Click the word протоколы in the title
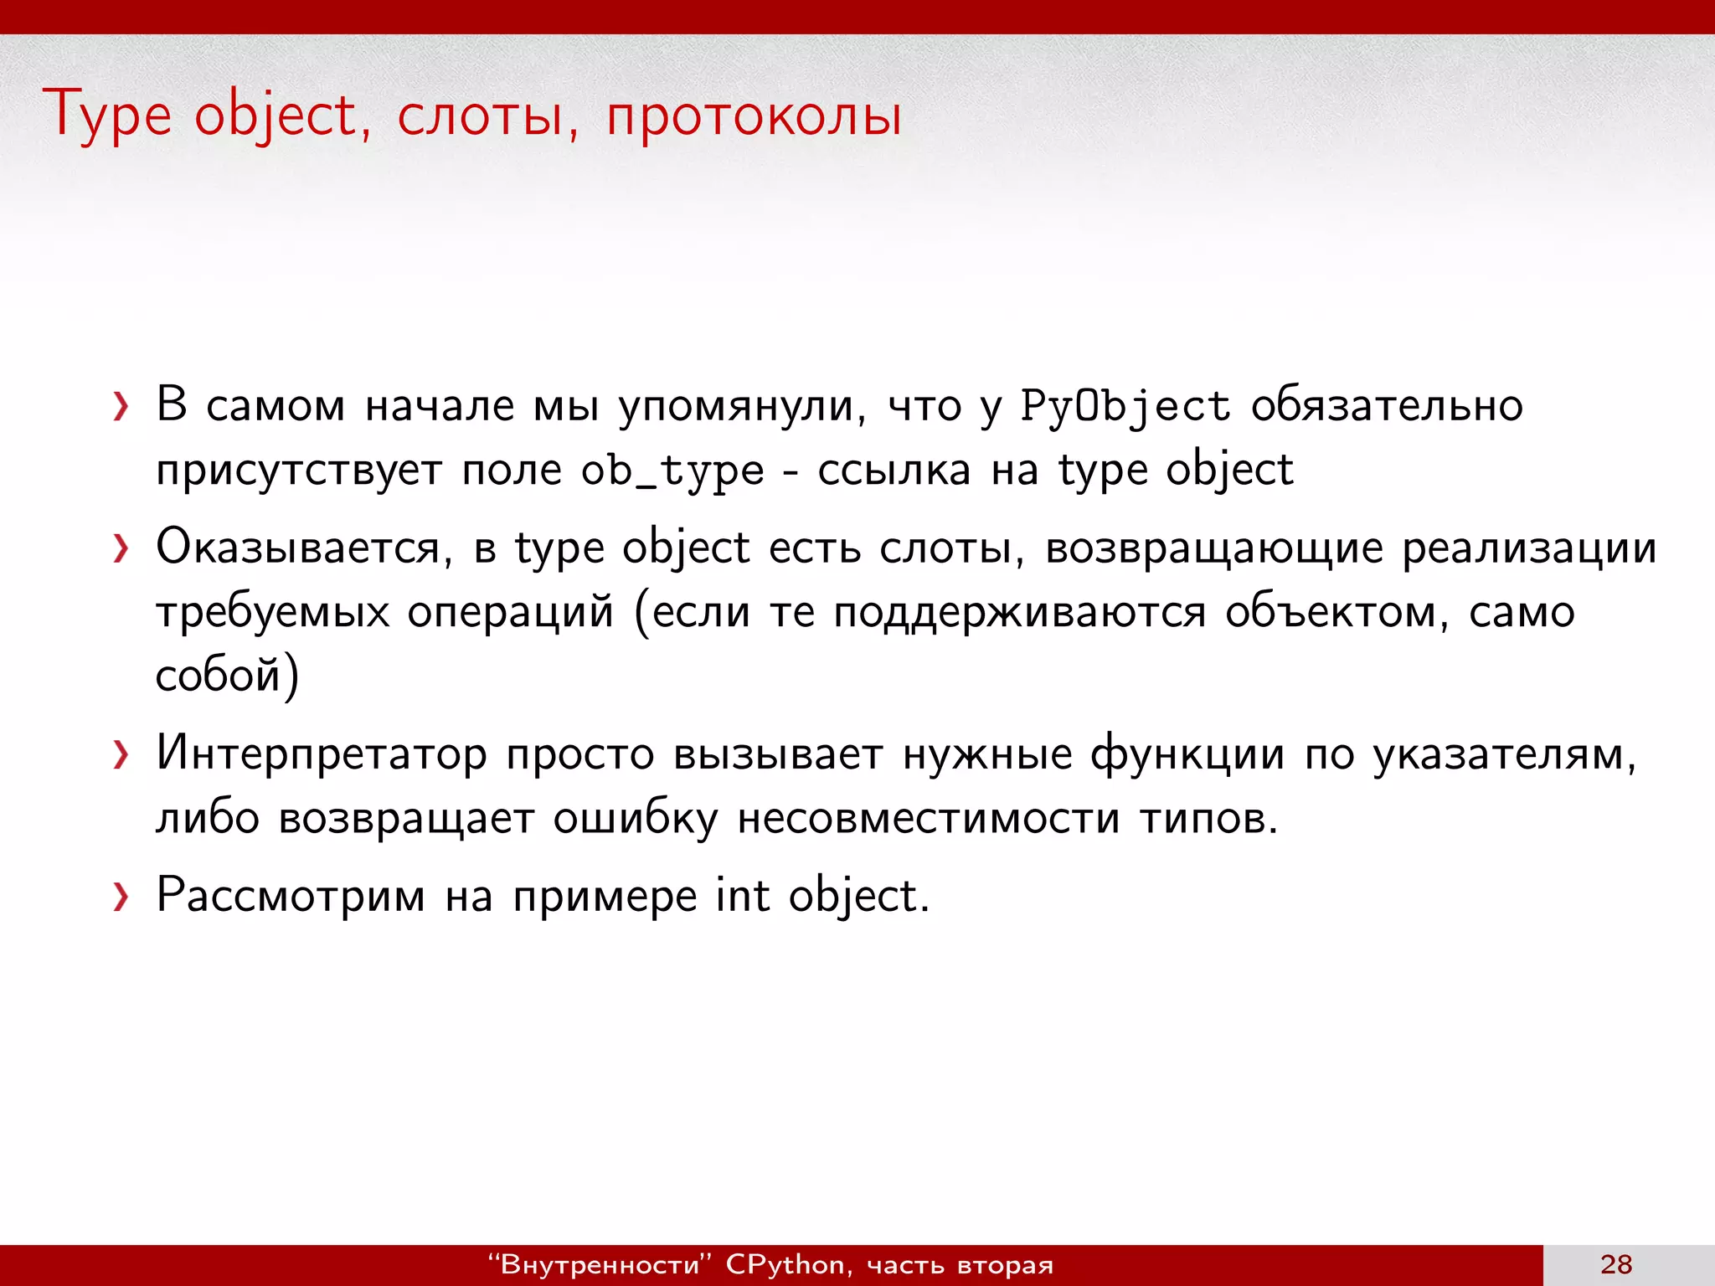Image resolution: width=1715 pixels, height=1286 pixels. click(754, 116)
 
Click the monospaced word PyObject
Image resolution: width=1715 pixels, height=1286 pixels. click(1125, 407)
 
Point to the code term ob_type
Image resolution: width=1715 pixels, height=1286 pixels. click(672, 471)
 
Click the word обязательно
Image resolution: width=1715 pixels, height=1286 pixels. click(1387, 405)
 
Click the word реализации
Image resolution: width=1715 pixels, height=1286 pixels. click(1529, 549)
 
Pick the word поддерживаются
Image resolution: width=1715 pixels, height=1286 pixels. click(1019, 613)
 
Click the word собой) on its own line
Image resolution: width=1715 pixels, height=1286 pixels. click(227, 675)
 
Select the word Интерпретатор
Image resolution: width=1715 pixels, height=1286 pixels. click(322, 754)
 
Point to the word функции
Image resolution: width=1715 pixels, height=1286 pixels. click(1187, 754)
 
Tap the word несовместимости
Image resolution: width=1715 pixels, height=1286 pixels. click(928, 817)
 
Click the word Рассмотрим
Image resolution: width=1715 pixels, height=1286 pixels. click(291, 896)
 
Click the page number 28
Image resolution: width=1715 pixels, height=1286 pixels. click(1616, 1264)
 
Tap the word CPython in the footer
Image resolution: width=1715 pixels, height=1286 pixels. click(785, 1264)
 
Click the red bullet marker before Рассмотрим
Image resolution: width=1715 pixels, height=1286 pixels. click(121, 897)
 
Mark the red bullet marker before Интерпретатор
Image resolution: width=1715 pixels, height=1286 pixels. click(121, 754)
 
